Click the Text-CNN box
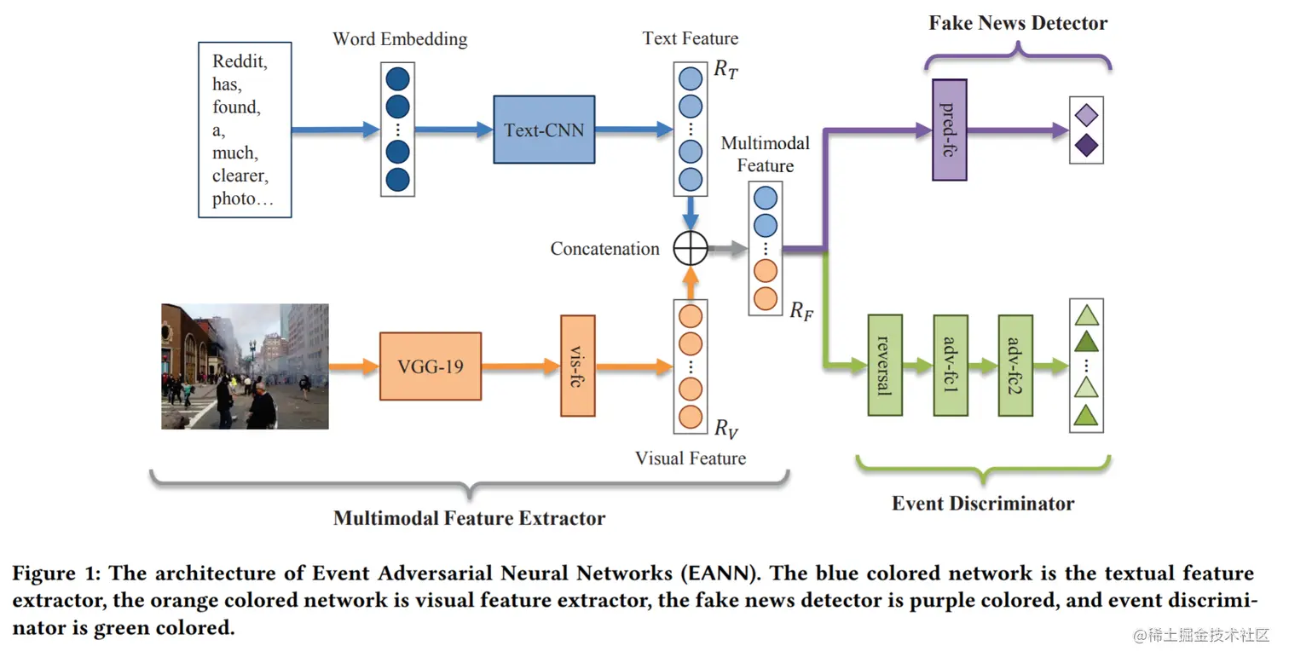544,130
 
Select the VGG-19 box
430,366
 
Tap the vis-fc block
577,366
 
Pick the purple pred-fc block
949,130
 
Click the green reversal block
884,365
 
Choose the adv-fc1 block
950,365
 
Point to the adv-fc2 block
1014,365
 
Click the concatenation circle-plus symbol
691,249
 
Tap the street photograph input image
245,366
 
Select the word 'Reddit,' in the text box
240,61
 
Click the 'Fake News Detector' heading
1018,23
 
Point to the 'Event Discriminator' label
982,503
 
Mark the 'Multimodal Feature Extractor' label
469,518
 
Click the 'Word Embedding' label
400,39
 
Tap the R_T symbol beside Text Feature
725,71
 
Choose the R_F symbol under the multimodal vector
801,311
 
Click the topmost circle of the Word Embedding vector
397,79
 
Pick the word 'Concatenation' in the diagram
604,249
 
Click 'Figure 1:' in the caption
55,573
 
